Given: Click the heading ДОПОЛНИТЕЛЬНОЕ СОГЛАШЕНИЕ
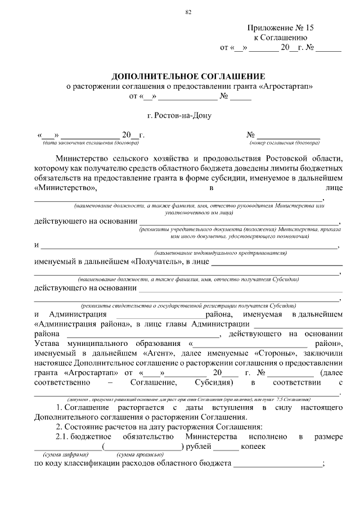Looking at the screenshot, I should pyautogui.click(x=188, y=76).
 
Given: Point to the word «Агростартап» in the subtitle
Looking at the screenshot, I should pyautogui.click(x=287, y=86).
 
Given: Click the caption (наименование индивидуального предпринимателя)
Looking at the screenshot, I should pyautogui.click(x=219, y=254).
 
